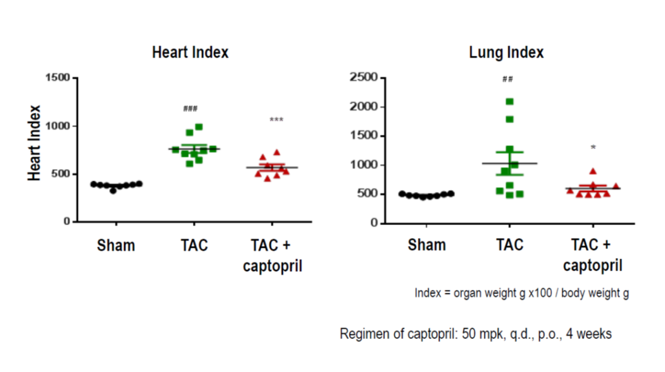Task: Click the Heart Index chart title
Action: [190, 52]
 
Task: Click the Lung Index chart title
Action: [506, 52]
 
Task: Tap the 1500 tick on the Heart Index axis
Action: [58, 78]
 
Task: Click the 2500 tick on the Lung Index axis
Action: [364, 77]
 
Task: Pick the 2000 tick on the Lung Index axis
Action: [364, 107]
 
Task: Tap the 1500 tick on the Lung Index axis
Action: [364, 136]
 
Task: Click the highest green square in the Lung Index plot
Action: [510, 101]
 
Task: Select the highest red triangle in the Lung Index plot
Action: [592, 172]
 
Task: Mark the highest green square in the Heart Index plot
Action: [199, 127]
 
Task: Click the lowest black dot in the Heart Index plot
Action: [113, 190]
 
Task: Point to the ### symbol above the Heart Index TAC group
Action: [191, 109]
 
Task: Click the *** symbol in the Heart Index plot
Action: [276, 120]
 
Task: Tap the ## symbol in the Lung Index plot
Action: [507, 79]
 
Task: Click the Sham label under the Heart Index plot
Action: [116, 245]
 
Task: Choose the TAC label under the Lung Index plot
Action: [510, 245]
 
